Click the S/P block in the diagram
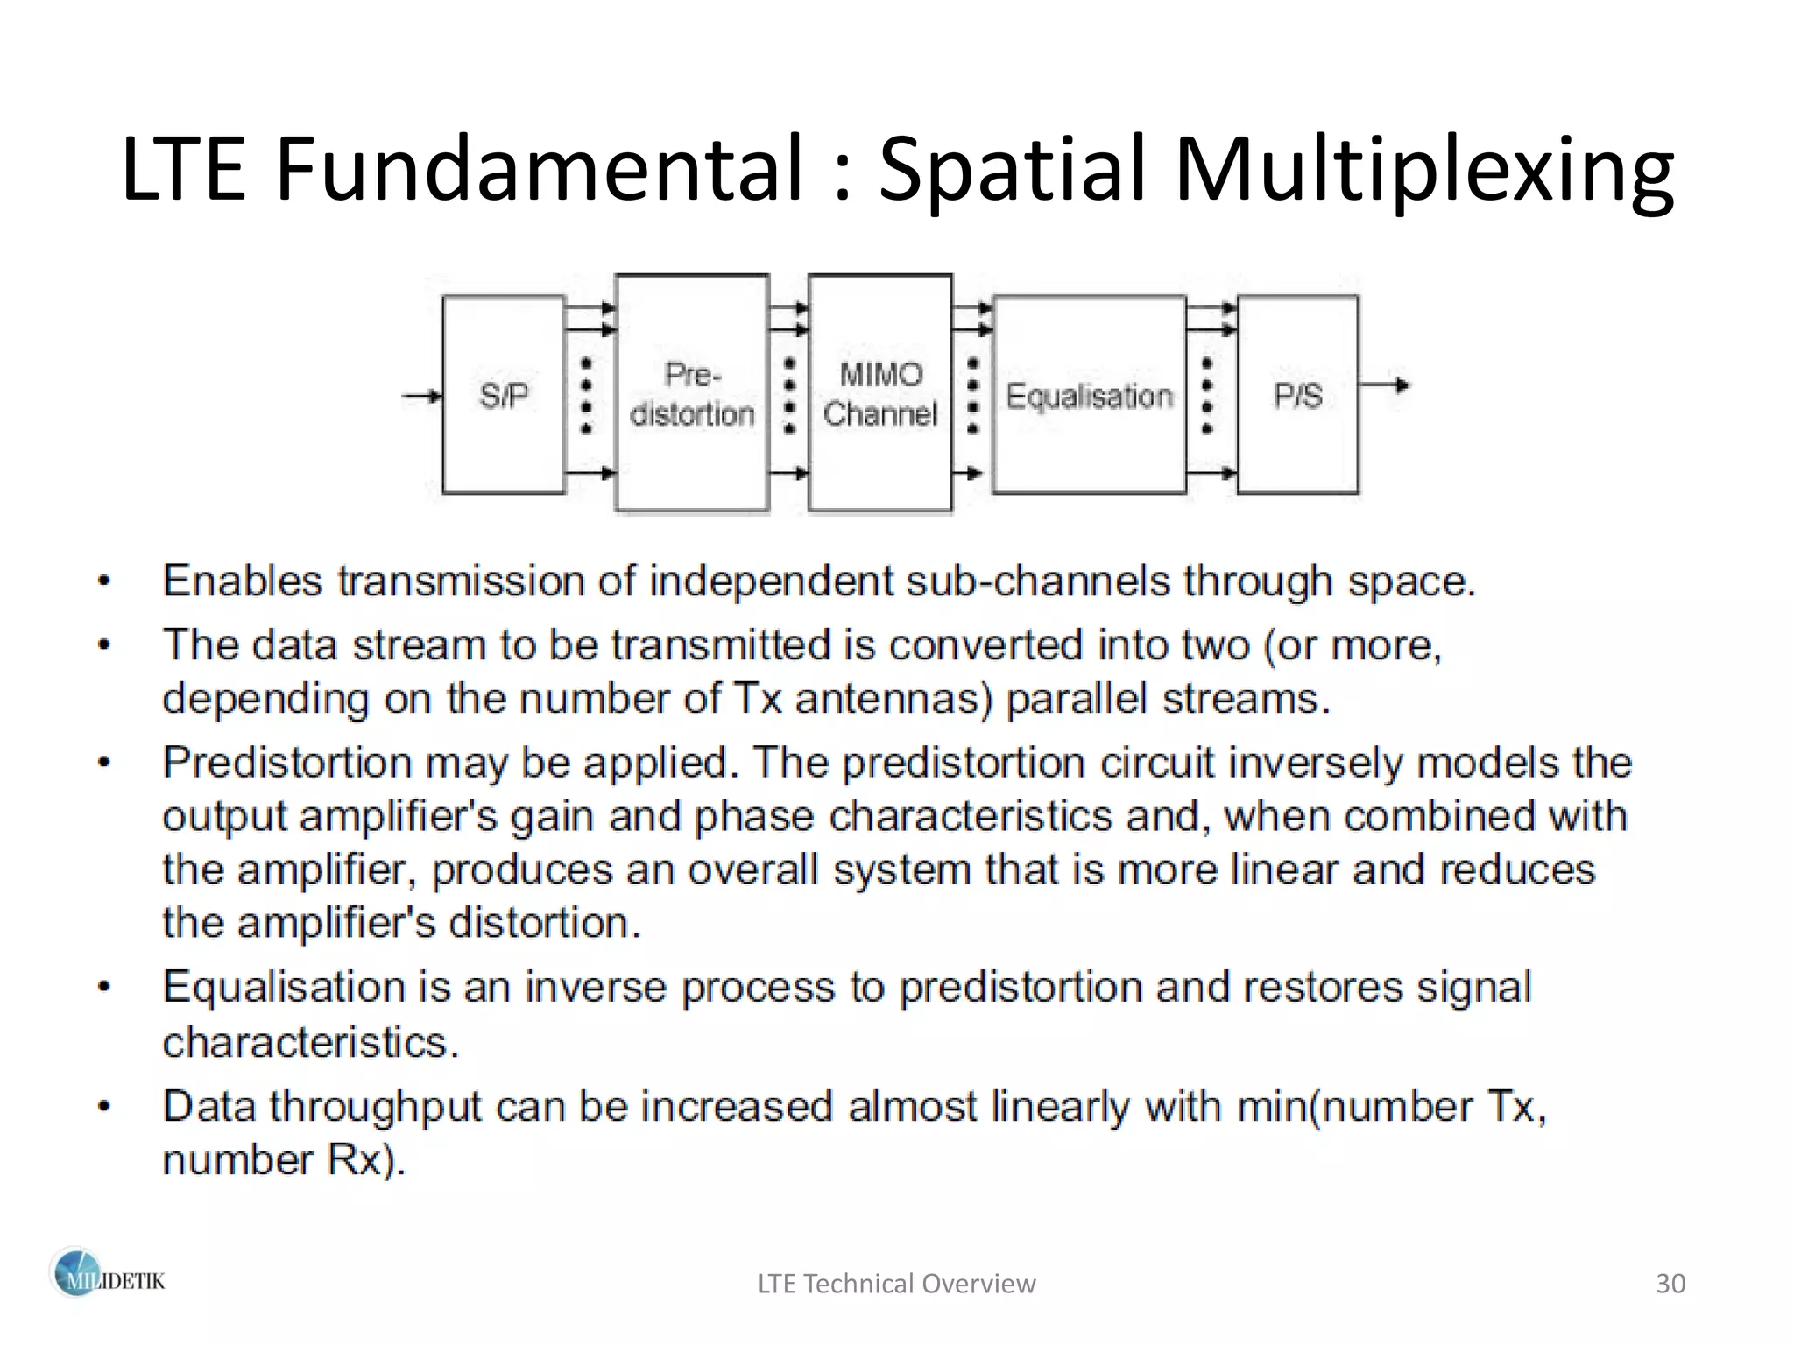pos(503,395)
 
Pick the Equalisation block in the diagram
pos(1089,396)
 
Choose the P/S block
pos(1297,395)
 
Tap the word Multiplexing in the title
pos(1423,171)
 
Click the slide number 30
pos(1670,1284)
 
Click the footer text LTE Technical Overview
pos(896,1284)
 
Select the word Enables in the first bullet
pos(243,581)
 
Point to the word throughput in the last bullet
pos(375,1108)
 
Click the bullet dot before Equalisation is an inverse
pos(104,988)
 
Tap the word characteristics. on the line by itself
pos(310,1042)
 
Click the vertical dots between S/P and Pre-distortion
pos(587,396)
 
